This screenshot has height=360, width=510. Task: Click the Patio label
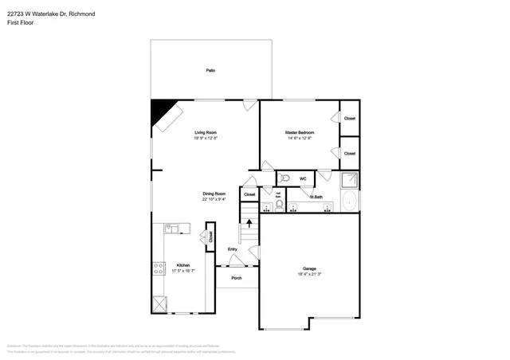[210, 71]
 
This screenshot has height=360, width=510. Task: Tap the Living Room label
[206, 132]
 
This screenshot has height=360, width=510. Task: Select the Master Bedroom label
[300, 132]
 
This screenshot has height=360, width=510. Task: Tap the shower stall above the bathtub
[349, 179]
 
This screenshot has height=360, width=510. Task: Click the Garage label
[309, 268]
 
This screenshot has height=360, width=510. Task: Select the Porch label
[237, 278]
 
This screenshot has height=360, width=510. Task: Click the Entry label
[233, 249]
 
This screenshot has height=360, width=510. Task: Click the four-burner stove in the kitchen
[158, 270]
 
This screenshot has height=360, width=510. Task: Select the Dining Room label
[214, 194]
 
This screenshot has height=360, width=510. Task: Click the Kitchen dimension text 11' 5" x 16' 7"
[183, 271]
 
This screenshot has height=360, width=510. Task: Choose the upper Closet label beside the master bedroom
[349, 118]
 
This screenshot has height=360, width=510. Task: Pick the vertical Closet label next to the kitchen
[210, 237]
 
